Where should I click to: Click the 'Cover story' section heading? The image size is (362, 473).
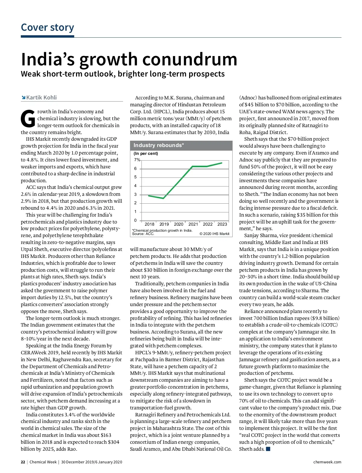47,27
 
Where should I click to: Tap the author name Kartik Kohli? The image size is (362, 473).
41,98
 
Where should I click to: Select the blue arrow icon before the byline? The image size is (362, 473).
23,97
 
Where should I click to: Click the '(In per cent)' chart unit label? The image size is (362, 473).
146,154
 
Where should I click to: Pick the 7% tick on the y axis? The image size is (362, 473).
137,160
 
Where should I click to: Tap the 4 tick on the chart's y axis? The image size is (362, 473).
135,186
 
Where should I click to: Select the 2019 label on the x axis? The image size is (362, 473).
164,224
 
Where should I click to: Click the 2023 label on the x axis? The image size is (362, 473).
222,224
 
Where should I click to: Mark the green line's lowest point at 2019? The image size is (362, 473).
163,198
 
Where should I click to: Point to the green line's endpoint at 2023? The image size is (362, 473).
222,163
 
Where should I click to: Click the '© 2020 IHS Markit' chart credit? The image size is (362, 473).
214,234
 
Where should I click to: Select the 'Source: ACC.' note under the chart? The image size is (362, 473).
143,234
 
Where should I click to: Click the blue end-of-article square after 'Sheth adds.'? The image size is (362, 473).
268,449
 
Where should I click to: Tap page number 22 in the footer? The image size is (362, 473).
23,462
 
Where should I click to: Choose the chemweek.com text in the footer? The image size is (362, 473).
327,462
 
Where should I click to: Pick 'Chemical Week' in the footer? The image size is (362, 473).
43,462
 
